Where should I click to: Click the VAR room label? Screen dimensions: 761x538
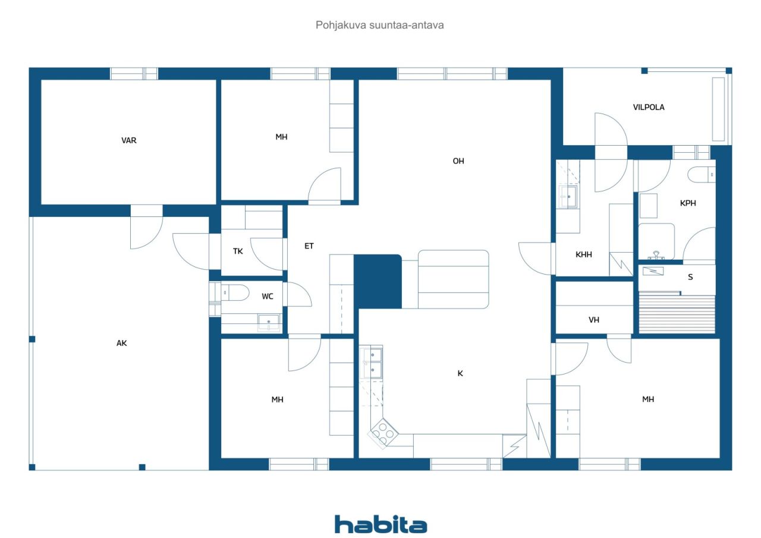tap(129, 140)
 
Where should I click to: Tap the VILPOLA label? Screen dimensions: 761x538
tap(649, 108)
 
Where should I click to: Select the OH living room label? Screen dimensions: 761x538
tap(458, 161)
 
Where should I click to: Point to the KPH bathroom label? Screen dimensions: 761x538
tap(688, 203)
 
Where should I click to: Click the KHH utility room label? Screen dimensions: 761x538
tap(583, 254)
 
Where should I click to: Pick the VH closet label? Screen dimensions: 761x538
tap(594, 320)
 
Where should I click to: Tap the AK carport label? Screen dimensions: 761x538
tap(122, 343)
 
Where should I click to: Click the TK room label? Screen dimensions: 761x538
tap(238, 251)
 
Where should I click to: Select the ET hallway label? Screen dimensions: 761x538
tap(309, 246)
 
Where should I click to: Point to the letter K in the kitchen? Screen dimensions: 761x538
tap(460, 373)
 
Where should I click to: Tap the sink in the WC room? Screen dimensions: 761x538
tap(268, 322)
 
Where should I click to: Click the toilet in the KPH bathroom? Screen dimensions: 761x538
tap(702, 175)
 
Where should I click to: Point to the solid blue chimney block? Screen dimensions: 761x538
tap(378, 282)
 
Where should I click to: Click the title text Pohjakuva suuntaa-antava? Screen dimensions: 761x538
tap(379, 25)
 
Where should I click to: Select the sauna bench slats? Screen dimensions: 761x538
tap(677, 314)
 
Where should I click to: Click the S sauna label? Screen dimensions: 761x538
tap(690, 277)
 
